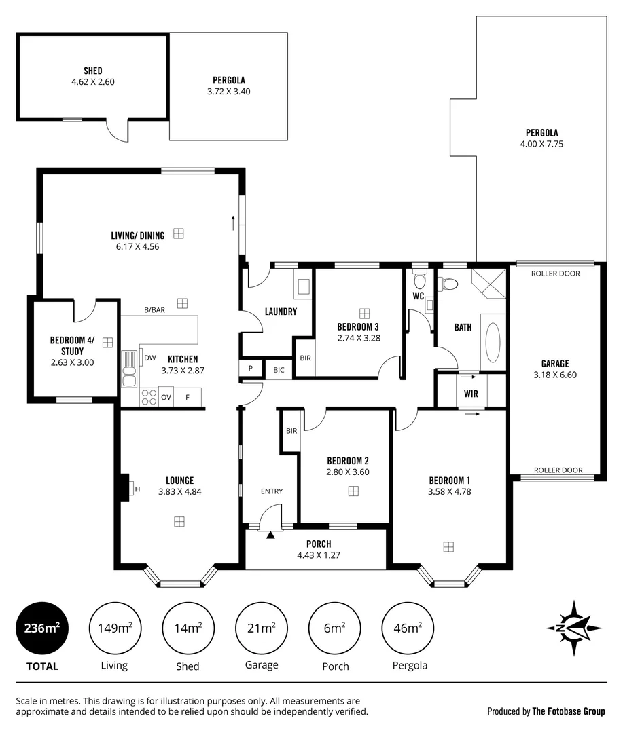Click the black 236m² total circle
(x=42, y=628)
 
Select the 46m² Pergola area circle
(x=408, y=628)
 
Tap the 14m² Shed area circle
(x=188, y=628)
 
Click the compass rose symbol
(x=574, y=628)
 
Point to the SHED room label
(x=92, y=71)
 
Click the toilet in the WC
(x=419, y=280)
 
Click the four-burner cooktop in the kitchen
(x=148, y=398)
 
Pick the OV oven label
(x=166, y=398)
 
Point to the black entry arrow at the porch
(x=271, y=535)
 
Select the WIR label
(x=470, y=393)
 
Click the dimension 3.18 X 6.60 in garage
(x=554, y=374)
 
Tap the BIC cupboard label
(x=279, y=370)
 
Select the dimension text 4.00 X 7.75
(x=541, y=144)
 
